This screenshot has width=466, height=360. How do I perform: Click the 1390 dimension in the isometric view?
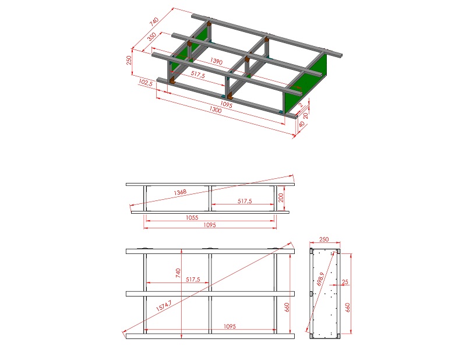pos(216,61)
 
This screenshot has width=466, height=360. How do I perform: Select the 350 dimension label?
pos(151,37)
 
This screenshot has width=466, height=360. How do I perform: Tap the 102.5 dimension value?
pos(146,82)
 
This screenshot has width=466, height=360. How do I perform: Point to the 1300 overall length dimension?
pos(216,110)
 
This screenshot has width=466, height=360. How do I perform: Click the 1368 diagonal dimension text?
pos(180,192)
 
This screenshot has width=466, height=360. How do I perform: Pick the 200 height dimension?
pos(281,197)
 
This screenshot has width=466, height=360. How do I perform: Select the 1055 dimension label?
pos(192,218)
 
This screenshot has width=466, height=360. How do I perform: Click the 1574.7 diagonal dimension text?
pos(164,306)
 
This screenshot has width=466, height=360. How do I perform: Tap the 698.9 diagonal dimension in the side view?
pos(320,279)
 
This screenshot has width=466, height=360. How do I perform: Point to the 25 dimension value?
pos(345,281)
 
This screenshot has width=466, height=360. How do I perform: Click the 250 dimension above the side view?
pos(324,239)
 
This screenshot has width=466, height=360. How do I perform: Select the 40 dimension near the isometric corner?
pos(302,124)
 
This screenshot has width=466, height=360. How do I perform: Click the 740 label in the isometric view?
pos(154,22)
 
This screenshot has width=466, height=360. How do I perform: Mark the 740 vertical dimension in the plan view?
pos(178,273)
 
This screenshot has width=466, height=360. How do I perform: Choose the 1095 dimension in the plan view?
pos(230,326)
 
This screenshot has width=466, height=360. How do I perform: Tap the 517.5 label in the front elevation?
pos(245,201)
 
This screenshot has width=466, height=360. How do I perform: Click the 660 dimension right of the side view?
pos(347,308)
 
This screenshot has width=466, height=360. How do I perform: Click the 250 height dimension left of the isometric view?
pos(129,61)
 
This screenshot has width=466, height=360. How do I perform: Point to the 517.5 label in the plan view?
pos(193,280)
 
